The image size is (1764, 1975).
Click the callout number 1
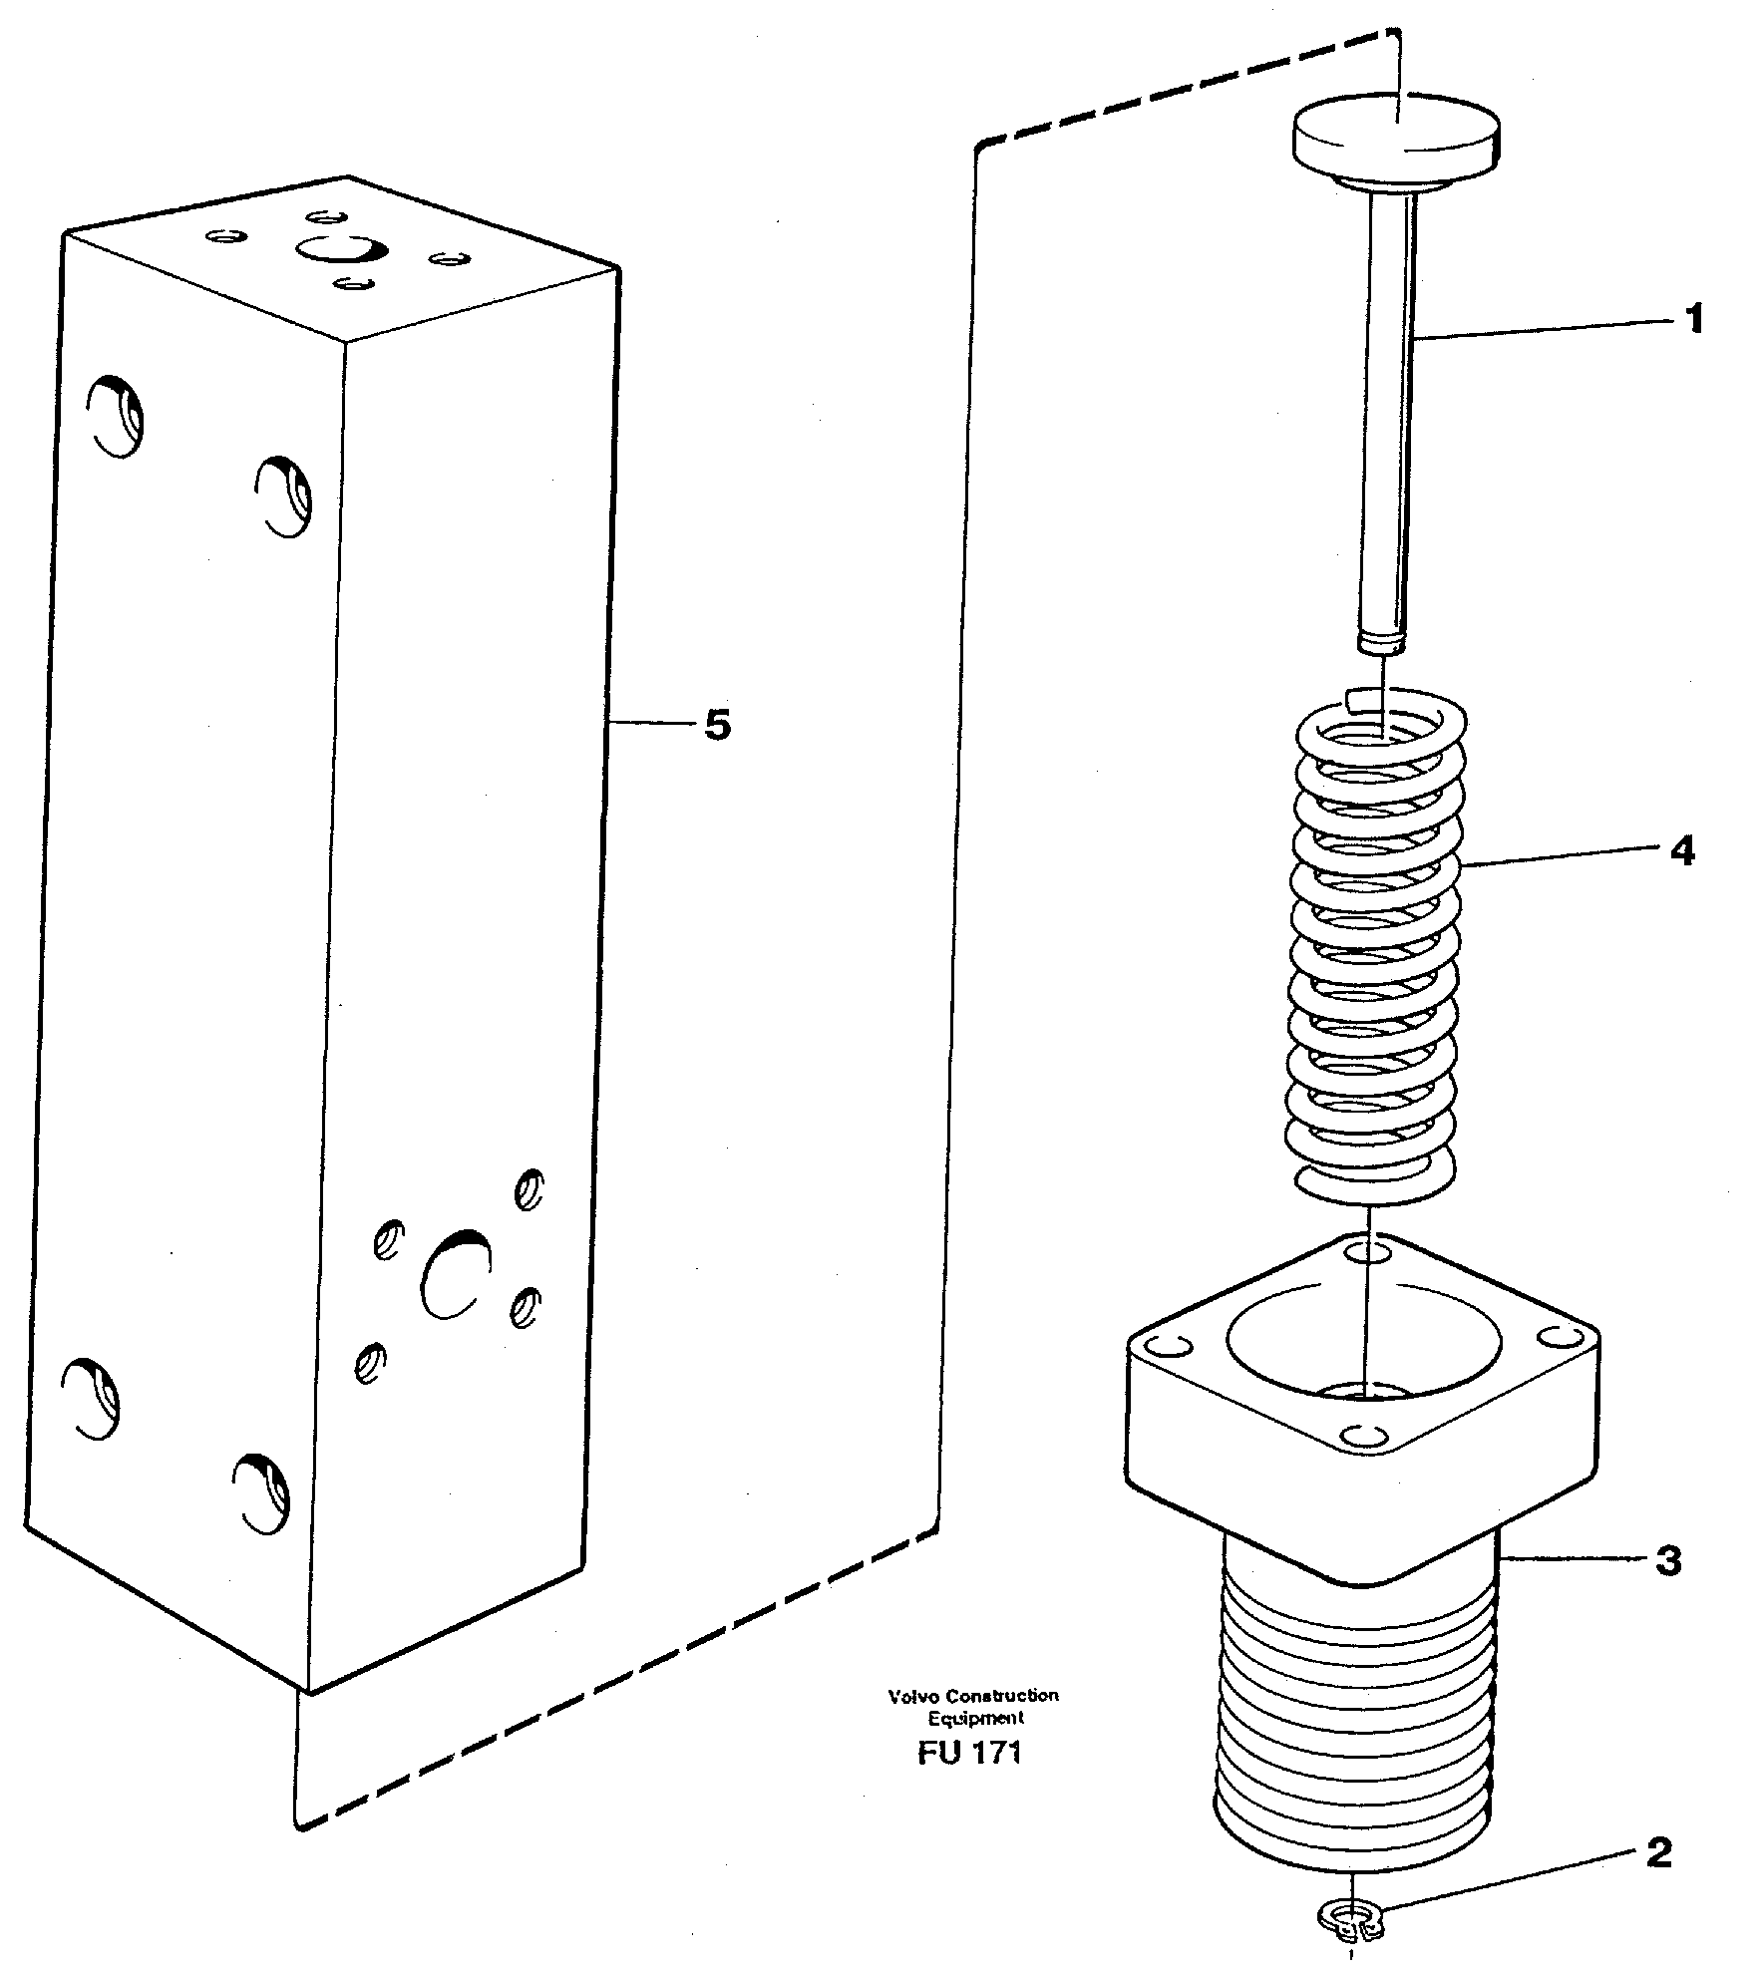click(1693, 320)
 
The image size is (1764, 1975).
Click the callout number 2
click(1658, 1853)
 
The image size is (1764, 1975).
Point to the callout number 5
click(717, 725)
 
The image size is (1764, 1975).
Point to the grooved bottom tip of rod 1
click(1381, 638)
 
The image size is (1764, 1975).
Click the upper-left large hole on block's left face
click(115, 416)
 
